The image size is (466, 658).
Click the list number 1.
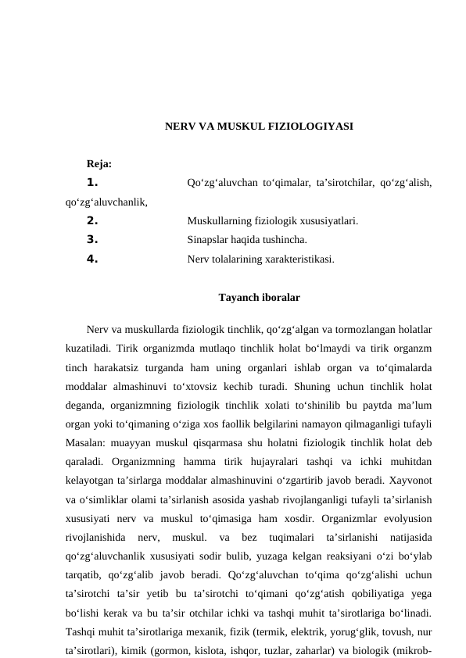92,183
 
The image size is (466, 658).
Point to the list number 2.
92,221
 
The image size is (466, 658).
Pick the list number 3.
92,240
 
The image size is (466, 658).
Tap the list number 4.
92,259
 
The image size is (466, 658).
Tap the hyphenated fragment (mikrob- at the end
412,649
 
